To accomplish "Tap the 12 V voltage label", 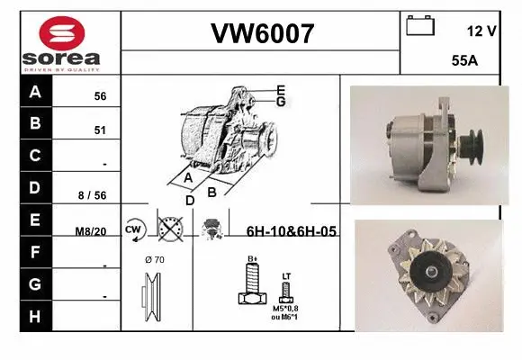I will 481,31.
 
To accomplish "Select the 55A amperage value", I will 464,62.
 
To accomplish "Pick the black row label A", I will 35,92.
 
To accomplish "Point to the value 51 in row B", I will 100,130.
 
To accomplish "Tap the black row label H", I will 35,316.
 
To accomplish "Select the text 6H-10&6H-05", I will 291,231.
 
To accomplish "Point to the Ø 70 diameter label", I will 156,261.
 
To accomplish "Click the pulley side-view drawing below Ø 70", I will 154,297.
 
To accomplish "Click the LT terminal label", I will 286,275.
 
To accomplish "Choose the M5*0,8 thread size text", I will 285,308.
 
